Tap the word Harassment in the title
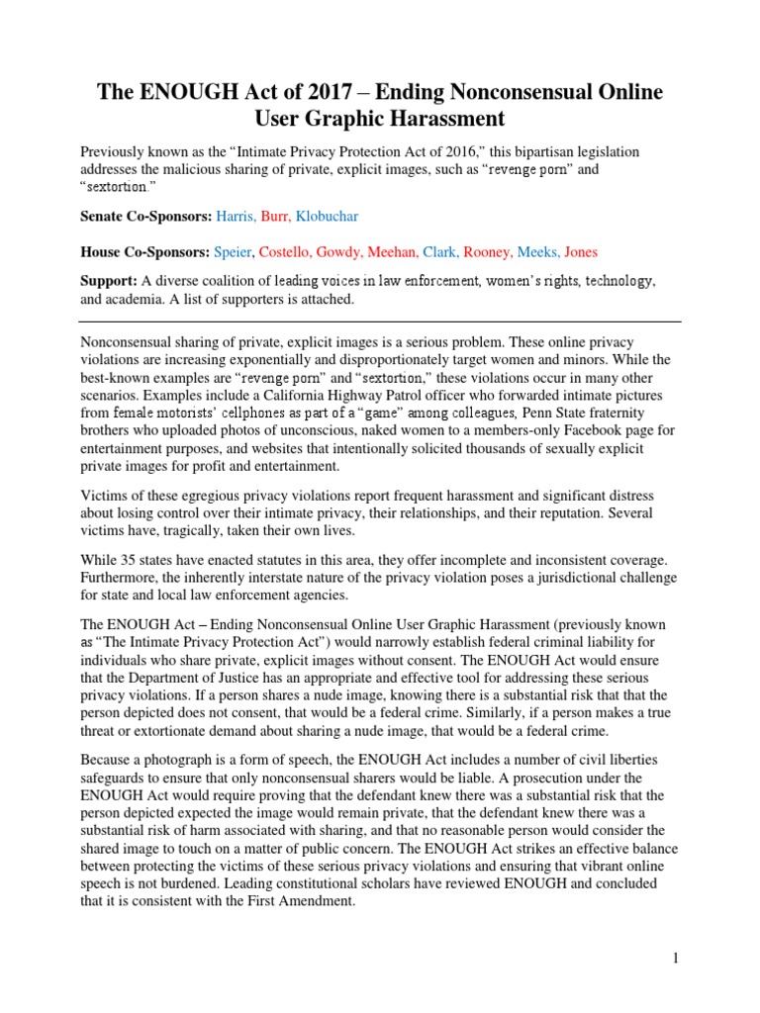pyautogui.click(x=416, y=120)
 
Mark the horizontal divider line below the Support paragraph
pyautogui.click(x=380, y=322)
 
